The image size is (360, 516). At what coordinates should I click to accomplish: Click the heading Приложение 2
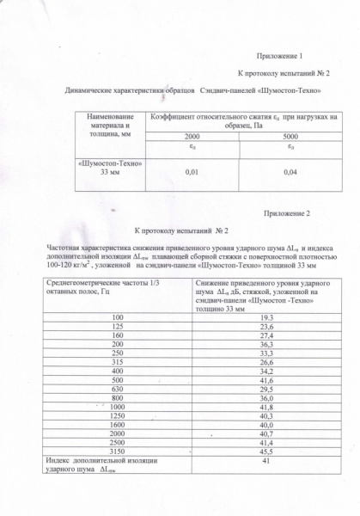coord(292,212)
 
